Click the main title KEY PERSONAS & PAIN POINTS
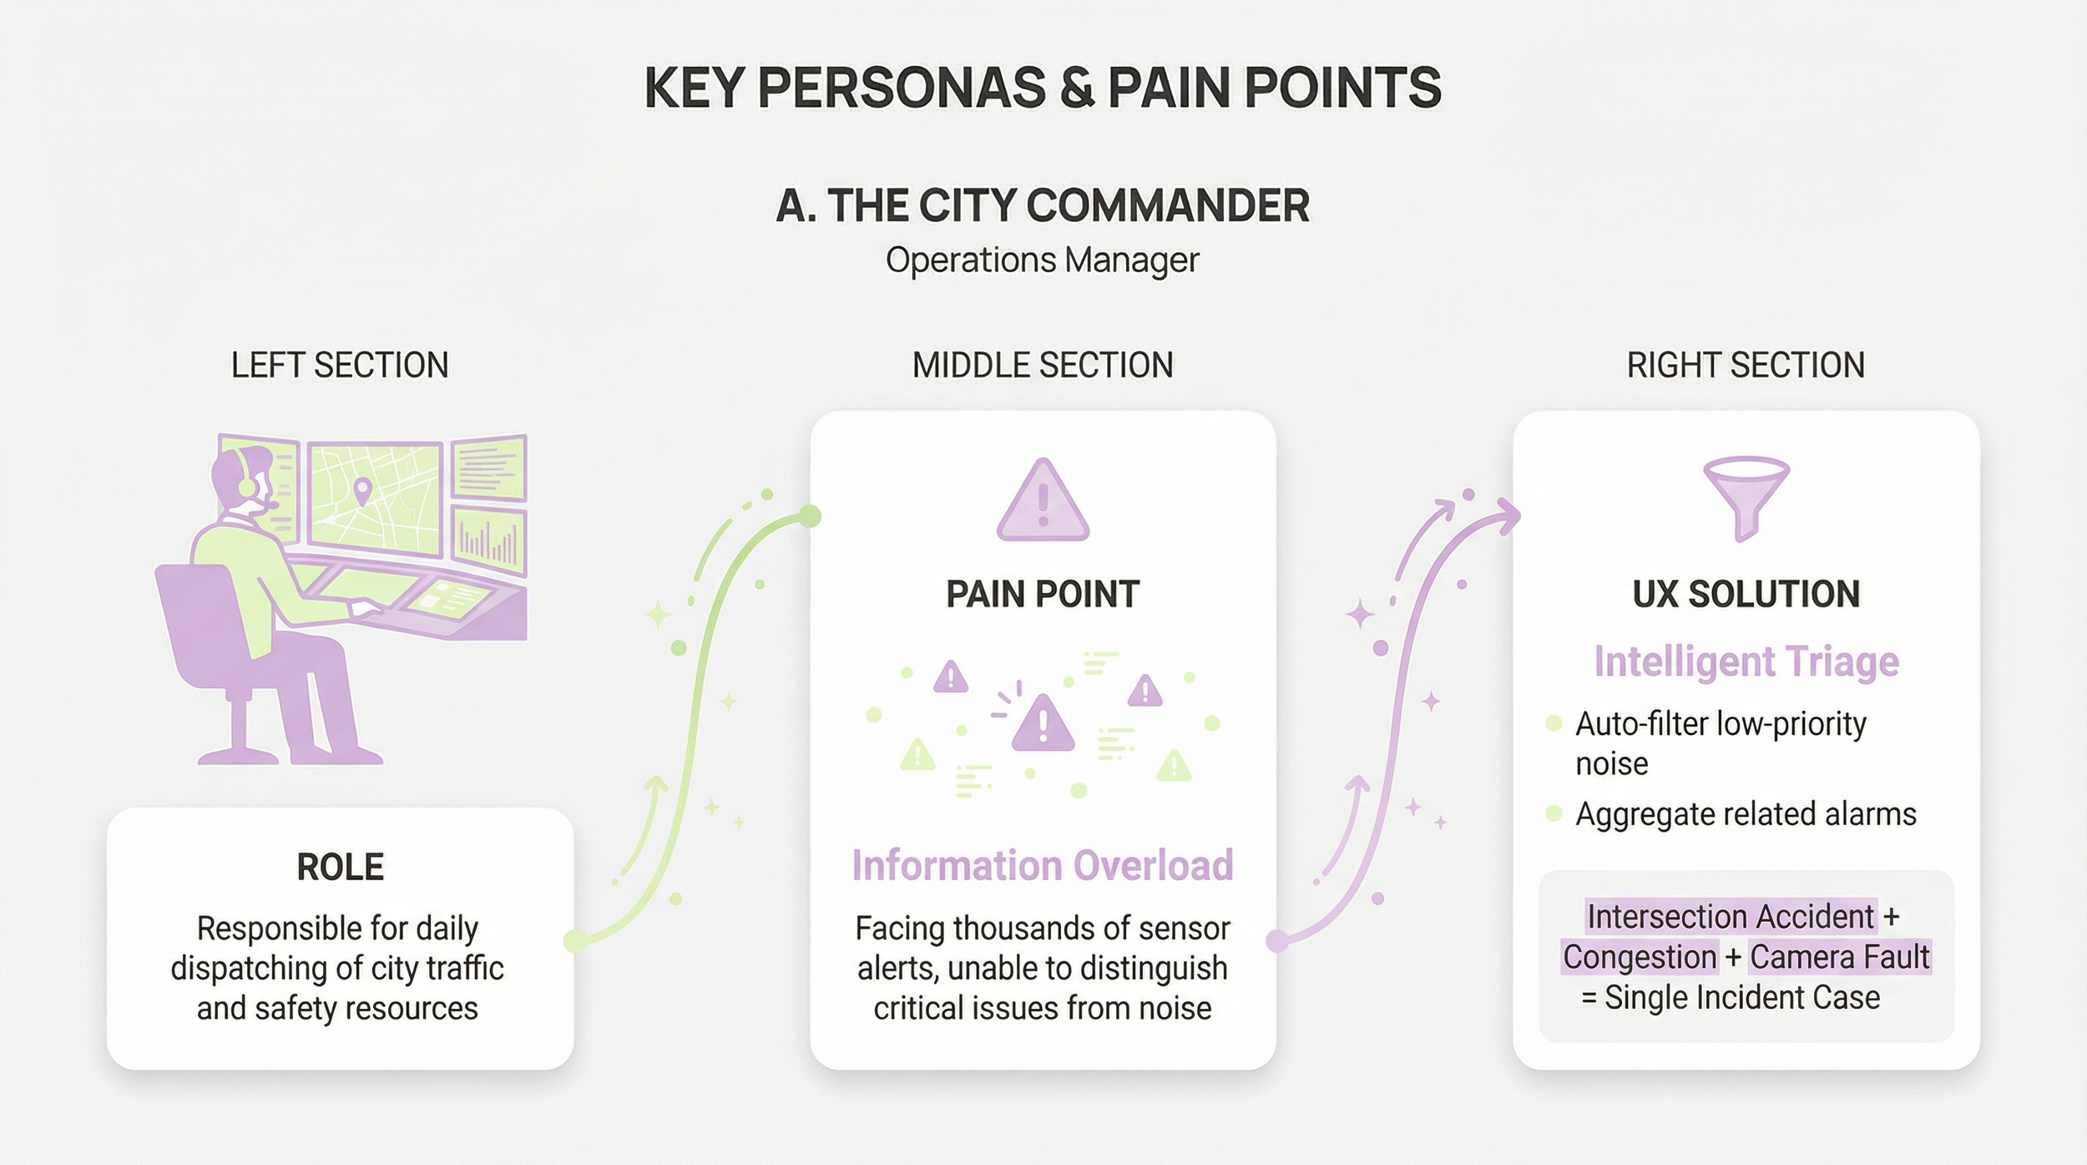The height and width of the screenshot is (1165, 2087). click(x=1043, y=88)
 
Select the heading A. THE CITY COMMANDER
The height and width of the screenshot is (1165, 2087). click(x=1043, y=205)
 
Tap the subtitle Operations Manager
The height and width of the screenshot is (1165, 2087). click(x=1042, y=261)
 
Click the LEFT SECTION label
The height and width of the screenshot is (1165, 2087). click(x=340, y=366)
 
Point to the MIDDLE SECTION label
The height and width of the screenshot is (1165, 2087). click(x=1043, y=366)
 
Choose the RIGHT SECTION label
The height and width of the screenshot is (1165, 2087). click(x=1746, y=366)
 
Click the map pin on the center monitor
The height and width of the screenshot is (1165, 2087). click(x=361, y=491)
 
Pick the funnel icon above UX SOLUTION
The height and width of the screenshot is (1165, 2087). click(x=1746, y=497)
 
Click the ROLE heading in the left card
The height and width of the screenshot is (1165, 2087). click(x=340, y=867)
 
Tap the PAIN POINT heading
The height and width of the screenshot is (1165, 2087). click(x=1043, y=595)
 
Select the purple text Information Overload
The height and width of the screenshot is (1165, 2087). click(x=1043, y=865)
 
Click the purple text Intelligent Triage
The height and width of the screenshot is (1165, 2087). click(x=1746, y=661)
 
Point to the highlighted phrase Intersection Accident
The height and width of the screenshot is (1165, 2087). click(x=1731, y=916)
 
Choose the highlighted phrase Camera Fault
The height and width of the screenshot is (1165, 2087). click(x=1840, y=957)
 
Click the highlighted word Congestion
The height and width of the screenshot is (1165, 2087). click(x=1640, y=957)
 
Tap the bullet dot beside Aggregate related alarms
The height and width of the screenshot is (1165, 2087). click(x=1554, y=813)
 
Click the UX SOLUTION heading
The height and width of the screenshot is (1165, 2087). click(x=1746, y=595)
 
